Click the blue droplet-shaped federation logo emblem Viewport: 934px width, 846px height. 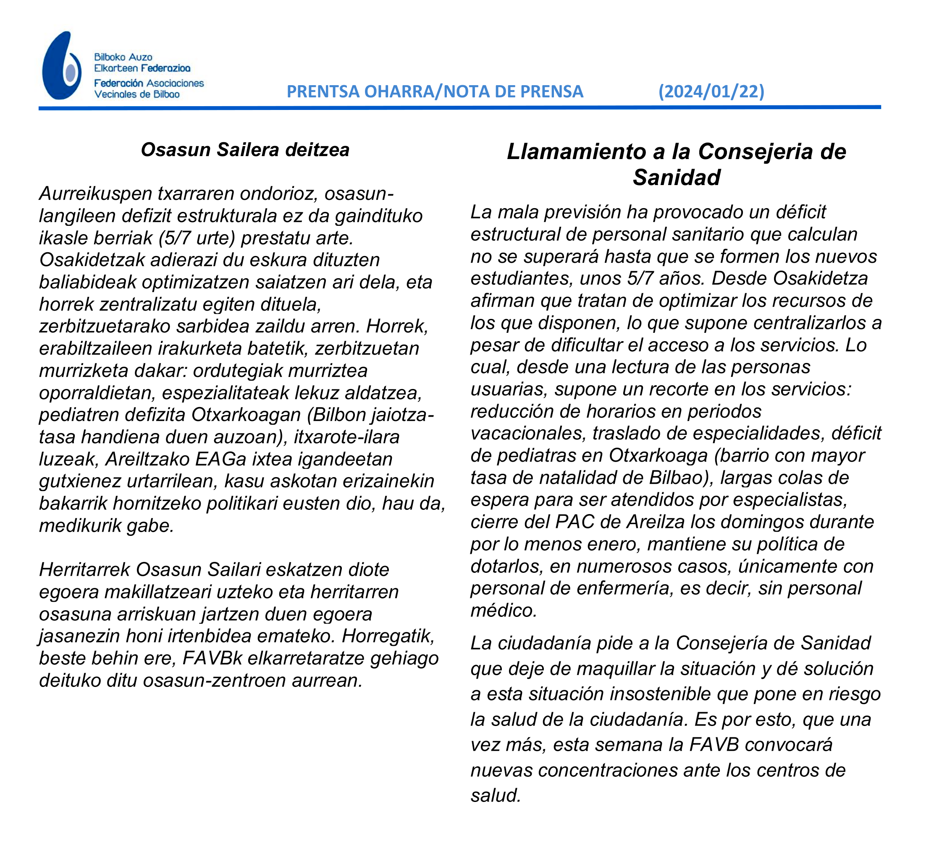(x=62, y=66)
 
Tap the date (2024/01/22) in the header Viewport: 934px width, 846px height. (x=711, y=91)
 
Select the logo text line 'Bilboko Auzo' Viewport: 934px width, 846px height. (x=123, y=57)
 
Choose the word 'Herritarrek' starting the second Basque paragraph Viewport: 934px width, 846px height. (x=84, y=569)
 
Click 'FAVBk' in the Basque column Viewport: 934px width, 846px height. (x=212, y=658)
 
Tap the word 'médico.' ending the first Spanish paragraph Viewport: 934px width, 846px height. (x=504, y=610)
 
